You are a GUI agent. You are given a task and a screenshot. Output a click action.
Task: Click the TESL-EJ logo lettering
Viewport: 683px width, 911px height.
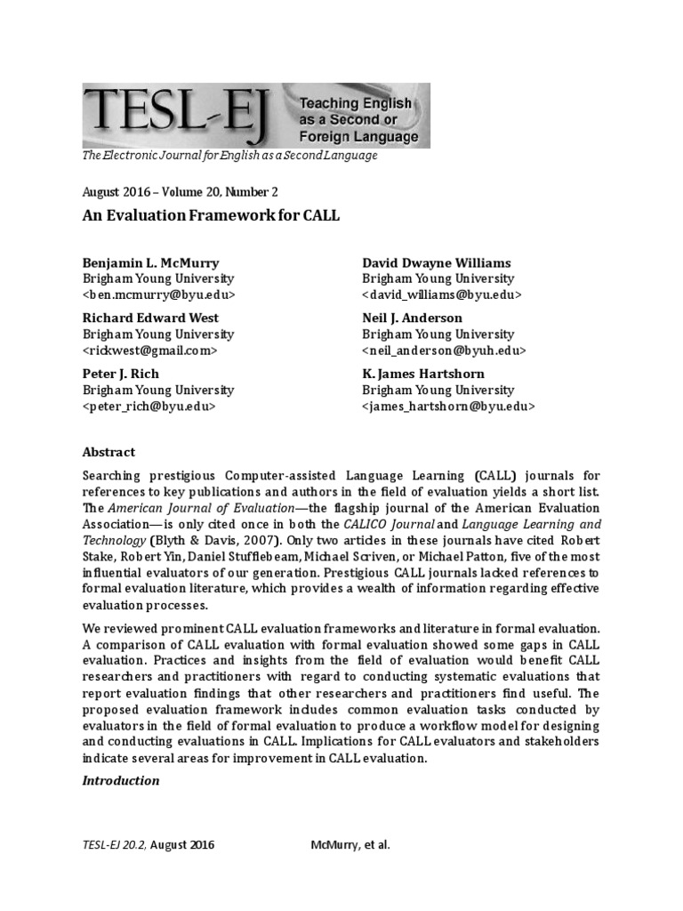[x=178, y=116]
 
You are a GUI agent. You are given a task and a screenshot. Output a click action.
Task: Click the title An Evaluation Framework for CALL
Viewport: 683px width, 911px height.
[x=212, y=217]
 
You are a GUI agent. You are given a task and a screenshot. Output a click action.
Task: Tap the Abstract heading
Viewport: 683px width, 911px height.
[x=108, y=452]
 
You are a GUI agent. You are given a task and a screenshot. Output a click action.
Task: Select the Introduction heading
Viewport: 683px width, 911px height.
[x=121, y=780]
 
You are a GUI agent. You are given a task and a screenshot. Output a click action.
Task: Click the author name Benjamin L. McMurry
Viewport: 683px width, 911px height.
[x=150, y=263]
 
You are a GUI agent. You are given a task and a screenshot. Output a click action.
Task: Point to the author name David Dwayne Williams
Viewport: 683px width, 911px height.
[x=437, y=263]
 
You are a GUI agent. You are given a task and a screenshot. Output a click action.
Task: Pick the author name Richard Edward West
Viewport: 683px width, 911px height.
[x=150, y=318]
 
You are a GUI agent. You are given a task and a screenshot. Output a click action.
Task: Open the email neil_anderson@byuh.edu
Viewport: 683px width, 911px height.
[x=444, y=351]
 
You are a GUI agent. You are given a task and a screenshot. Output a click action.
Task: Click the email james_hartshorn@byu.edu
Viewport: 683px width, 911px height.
[x=448, y=406]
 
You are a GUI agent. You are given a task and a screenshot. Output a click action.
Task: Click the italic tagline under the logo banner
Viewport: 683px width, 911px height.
[x=230, y=156]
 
